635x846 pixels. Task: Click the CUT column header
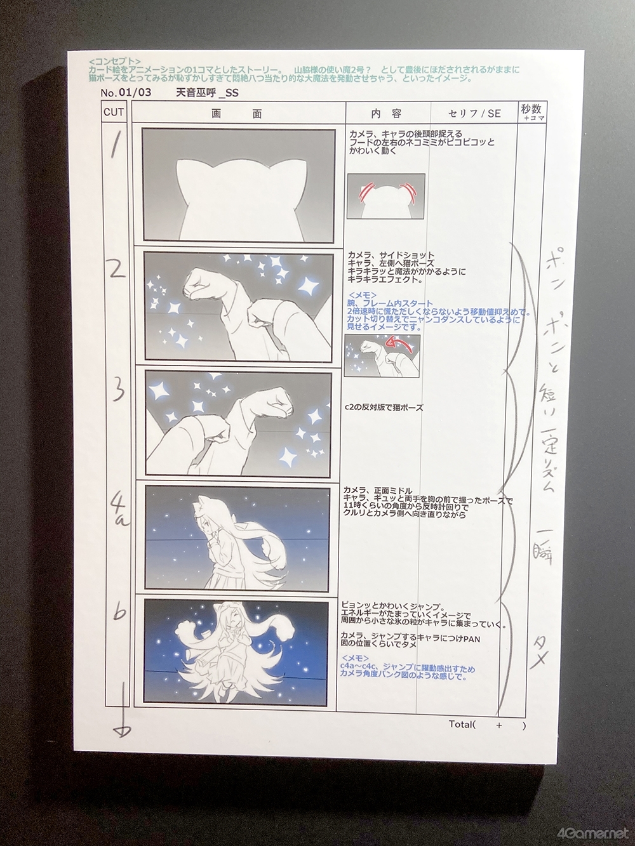point(114,113)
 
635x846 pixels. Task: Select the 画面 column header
point(237,114)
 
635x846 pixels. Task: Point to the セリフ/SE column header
point(474,114)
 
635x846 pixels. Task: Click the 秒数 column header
point(531,110)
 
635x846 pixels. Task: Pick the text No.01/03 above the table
point(125,93)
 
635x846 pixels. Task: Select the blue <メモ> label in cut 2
point(362,295)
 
